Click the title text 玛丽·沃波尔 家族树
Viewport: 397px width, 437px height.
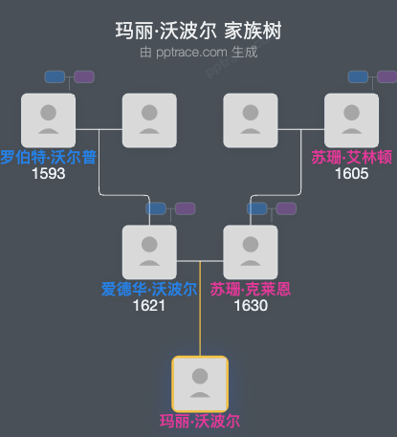click(198, 31)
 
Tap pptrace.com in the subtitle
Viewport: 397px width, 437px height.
click(190, 53)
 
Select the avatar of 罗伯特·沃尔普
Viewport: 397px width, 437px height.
click(48, 120)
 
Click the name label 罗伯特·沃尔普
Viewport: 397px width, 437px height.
click(48, 158)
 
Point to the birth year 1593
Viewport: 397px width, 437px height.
click(48, 174)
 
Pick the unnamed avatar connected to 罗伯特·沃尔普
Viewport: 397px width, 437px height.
click(149, 120)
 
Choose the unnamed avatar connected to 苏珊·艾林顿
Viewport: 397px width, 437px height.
click(251, 120)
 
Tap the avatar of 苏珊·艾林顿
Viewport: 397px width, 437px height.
click(351, 120)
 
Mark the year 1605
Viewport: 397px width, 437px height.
click(351, 174)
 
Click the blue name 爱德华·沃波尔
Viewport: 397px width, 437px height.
click(149, 290)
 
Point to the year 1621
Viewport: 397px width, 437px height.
click(149, 306)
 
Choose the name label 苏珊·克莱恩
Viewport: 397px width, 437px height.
click(251, 290)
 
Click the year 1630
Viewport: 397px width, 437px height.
click(251, 306)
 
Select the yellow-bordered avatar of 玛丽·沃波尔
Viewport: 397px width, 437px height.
click(199, 383)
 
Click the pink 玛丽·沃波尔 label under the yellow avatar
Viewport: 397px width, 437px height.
click(199, 421)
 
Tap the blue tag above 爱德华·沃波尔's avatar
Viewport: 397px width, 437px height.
click(157, 208)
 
